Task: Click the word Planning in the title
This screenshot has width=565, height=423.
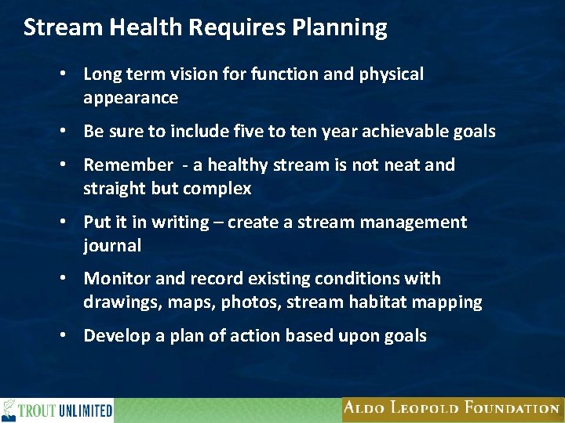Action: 340,28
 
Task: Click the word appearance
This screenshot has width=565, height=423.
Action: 130,98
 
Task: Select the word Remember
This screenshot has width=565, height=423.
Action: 127,165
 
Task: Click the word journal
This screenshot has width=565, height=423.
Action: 112,246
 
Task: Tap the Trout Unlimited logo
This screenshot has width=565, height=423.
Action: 57,410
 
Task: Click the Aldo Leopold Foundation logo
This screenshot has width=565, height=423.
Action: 451,408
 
